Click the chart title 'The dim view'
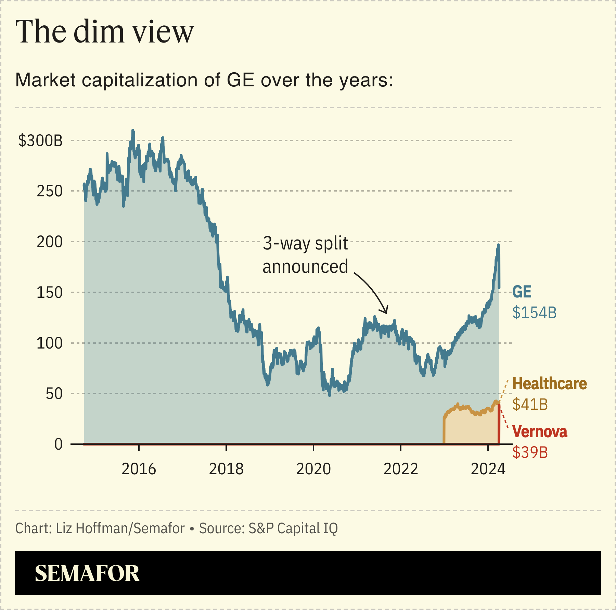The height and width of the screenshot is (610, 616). point(105,32)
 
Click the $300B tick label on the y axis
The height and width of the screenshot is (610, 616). point(40,141)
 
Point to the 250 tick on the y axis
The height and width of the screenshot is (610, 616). point(50,191)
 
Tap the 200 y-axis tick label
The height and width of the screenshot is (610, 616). point(50,242)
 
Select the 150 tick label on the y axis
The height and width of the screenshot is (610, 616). point(50,292)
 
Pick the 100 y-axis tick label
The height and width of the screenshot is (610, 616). point(50,343)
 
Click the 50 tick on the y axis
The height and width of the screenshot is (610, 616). point(54,394)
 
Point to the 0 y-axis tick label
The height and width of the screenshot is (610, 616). point(59,444)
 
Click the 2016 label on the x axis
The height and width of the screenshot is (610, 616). point(139,469)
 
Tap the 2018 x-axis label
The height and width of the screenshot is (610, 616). point(226,469)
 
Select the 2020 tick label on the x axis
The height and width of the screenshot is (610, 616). point(313,469)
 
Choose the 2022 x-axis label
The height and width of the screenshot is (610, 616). point(401,469)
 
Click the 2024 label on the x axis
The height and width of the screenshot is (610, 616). point(488,469)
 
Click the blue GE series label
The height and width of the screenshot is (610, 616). point(522,292)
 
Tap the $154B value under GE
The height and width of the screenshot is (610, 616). point(534,313)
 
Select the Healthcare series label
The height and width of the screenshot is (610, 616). point(549,383)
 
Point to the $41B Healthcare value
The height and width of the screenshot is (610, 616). point(530,404)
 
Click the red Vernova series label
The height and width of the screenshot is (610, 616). point(540,431)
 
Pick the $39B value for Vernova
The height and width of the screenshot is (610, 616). point(530,452)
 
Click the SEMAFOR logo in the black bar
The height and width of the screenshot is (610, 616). point(87,573)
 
